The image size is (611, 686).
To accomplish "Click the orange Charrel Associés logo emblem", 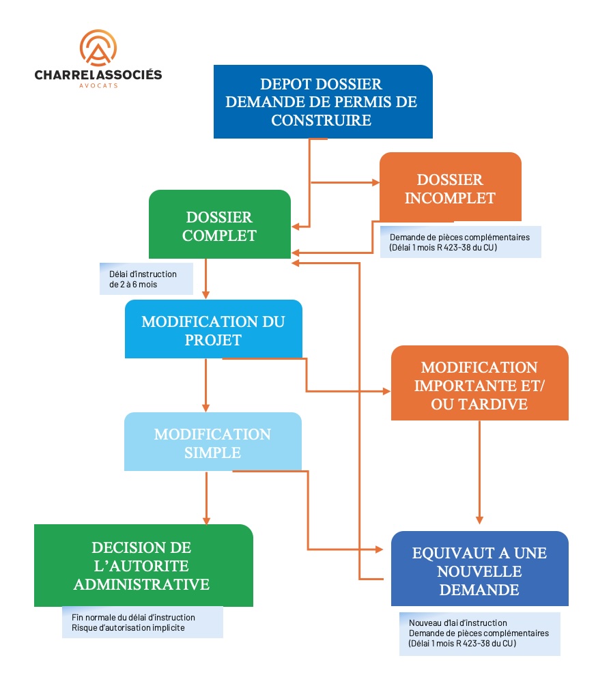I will click(x=98, y=48).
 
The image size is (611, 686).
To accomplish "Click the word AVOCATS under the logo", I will click(x=98, y=85).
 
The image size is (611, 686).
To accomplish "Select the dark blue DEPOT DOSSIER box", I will click(x=323, y=102).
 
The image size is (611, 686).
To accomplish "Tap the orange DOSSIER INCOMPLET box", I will click(x=450, y=188).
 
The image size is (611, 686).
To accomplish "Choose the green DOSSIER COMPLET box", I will click(x=219, y=225).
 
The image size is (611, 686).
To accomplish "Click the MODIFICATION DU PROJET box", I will click(x=213, y=330).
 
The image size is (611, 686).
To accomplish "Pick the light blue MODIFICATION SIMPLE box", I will click(x=212, y=442).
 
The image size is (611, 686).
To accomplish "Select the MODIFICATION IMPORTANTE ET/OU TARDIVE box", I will click(x=479, y=384).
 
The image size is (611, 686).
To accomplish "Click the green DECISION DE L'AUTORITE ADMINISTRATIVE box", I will click(x=143, y=566).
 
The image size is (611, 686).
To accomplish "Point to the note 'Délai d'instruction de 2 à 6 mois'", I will click(x=145, y=278).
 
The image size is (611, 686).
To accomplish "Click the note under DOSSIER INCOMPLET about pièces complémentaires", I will click(x=460, y=242).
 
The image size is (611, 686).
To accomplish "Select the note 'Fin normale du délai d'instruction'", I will click(x=142, y=622).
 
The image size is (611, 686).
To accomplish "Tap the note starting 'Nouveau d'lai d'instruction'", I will click(x=479, y=633).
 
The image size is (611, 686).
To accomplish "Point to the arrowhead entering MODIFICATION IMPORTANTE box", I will click(x=386, y=392).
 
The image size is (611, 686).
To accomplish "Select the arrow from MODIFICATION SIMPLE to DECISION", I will click(x=205, y=498).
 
